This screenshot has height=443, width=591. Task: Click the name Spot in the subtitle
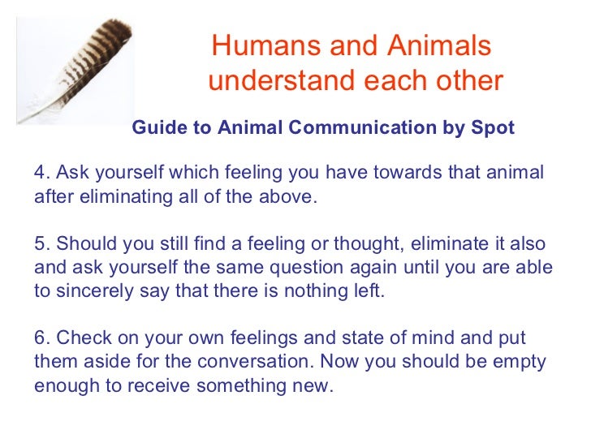tap(494, 128)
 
